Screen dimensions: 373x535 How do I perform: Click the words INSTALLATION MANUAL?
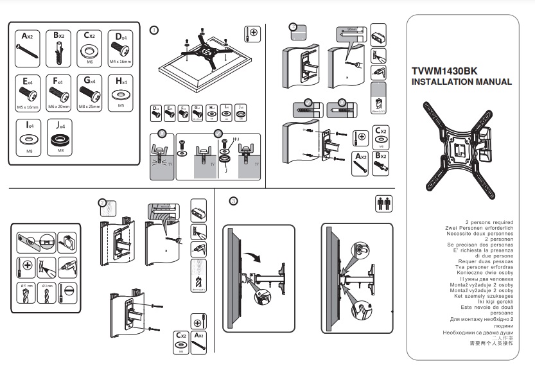[x=461, y=82]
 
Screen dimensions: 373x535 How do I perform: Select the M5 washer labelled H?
[x=119, y=94]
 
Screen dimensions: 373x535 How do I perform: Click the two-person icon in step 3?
[x=383, y=204]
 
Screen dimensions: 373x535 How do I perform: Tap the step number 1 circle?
[x=153, y=30]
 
